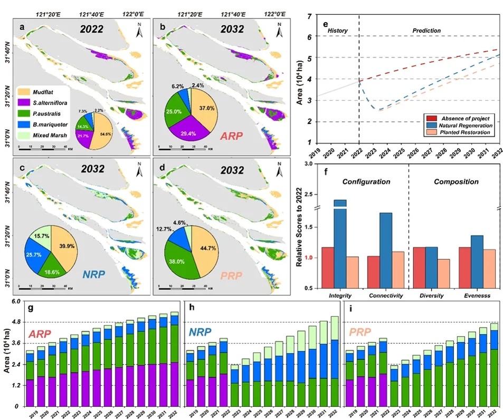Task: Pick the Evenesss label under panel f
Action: pyautogui.click(x=476, y=296)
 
